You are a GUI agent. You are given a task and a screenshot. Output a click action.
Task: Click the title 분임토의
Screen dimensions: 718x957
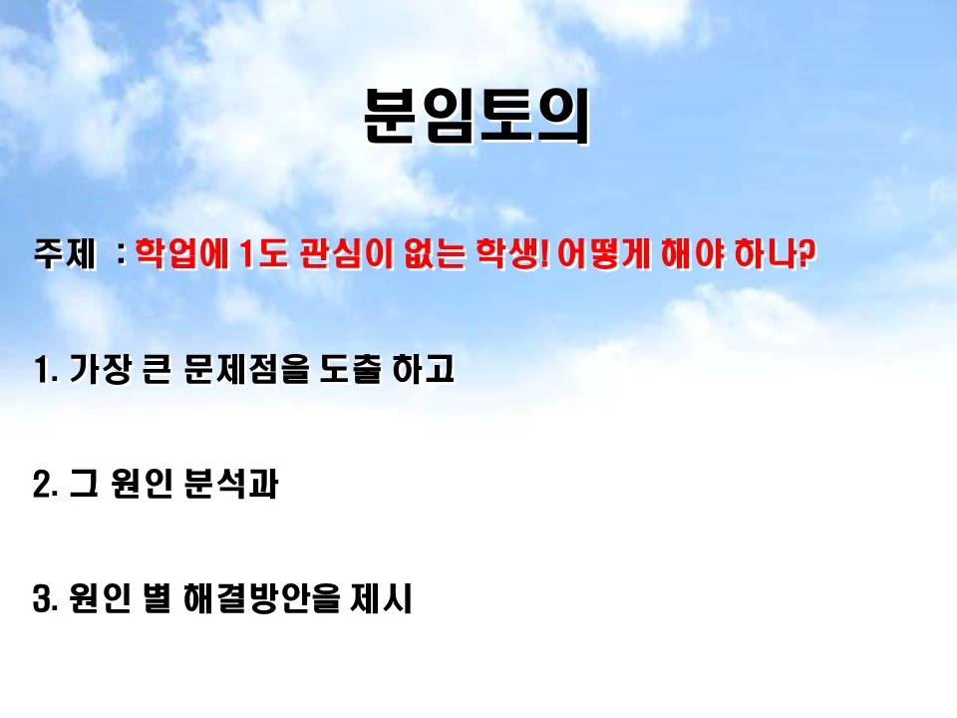coord(477,117)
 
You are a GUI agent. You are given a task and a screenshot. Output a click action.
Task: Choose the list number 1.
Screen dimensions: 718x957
coord(43,371)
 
